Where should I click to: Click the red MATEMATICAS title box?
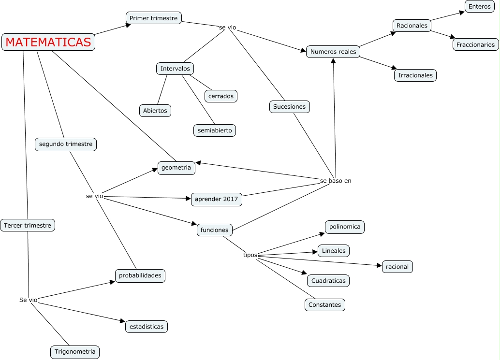(x=48, y=43)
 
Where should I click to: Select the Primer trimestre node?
(x=154, y=18)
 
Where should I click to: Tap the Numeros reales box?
(x=333, y=52)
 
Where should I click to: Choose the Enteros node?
(x=479, y=7)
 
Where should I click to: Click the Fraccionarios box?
(x=475, y=44)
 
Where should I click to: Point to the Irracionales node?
(x=415, y=75)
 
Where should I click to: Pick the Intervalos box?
(x=175, y=69)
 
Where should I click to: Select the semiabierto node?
(x=215, y=130)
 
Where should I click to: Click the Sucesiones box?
(x=289, y=107)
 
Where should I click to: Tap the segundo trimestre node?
(x=66, y=144)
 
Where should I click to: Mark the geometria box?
(x=176, y=168)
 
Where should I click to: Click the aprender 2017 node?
(x=216, y=199)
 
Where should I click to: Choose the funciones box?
(x=214, y=230)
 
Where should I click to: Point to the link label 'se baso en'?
(x=335, y=181)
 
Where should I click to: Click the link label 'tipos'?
(x=250, y=255)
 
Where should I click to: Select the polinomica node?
(x=345, y=227)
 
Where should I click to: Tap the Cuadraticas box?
(x=328, y=281)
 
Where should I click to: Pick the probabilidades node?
(x=140, y=275)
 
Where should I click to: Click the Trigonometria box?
(x=75, y=352)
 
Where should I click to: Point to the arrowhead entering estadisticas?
(x=122, y=321)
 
